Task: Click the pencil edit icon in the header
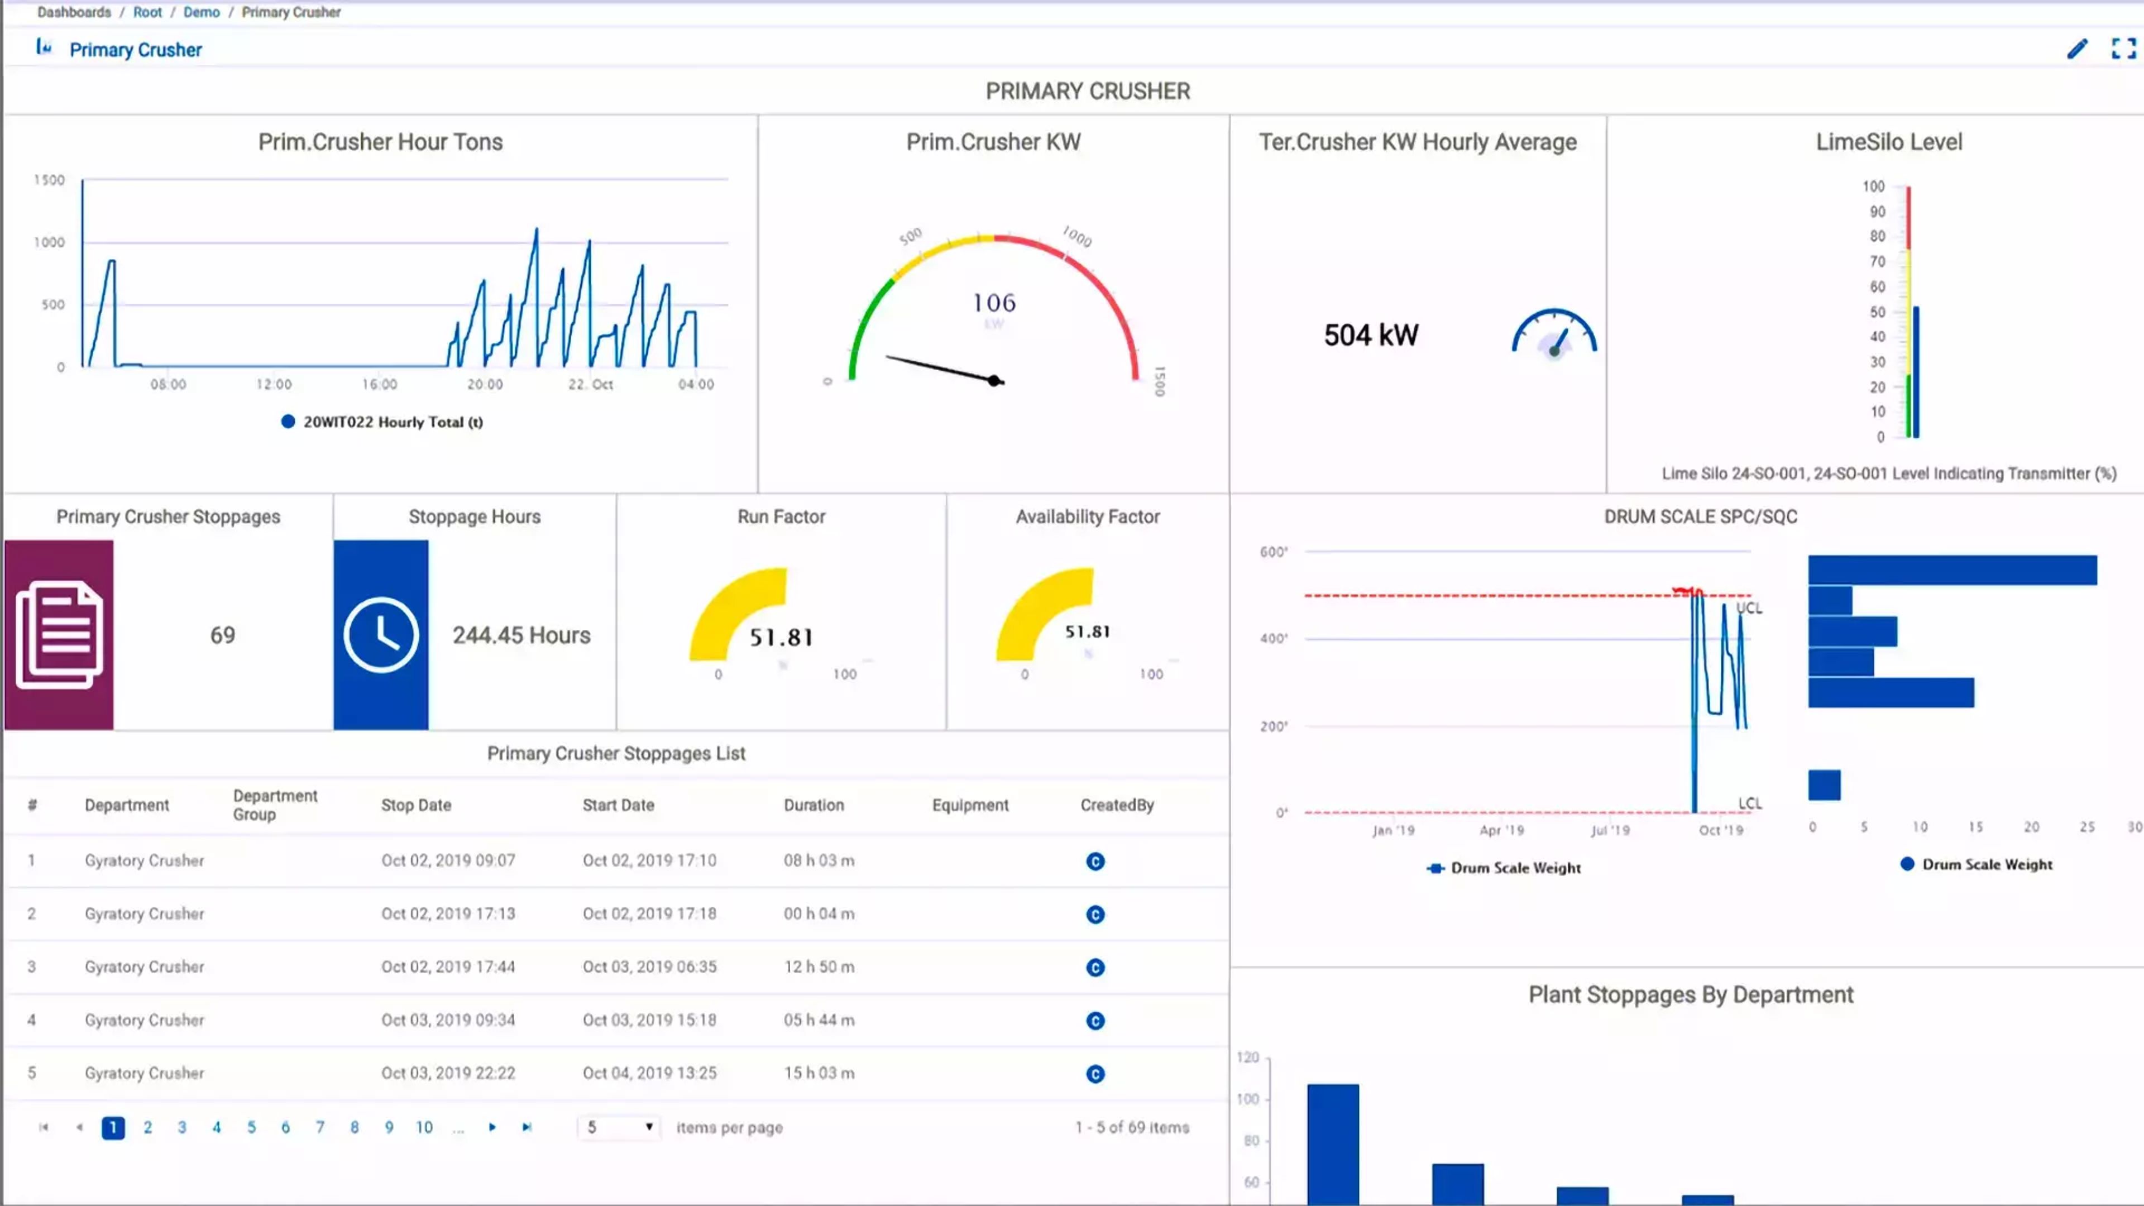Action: (2076, 49)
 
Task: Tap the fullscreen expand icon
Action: (2123, 49)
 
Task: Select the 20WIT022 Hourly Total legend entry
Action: (383, 422)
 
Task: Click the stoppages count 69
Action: (222, 635)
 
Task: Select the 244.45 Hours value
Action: (521, 635)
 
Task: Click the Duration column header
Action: (813, 805)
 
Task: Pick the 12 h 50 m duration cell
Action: (818, 966)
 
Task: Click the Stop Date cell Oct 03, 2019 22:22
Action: (448, 1073)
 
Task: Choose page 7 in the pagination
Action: (319, 1127)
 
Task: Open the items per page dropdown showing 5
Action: (619, 1127)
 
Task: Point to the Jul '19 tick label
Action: (1610, 830)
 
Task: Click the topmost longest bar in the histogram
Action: (1952, 570)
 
